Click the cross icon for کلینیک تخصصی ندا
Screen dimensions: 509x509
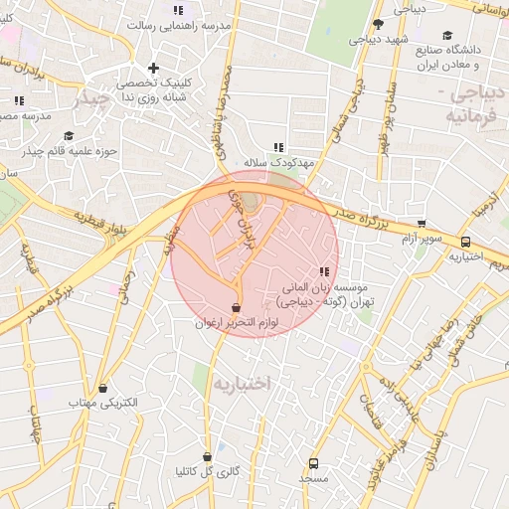point(152,69)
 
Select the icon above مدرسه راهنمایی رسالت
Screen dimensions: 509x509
point(179,10)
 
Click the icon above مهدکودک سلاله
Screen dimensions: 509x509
point(279,146)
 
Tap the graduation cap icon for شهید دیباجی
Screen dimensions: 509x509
point(378,25)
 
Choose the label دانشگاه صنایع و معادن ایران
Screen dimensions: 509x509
point(436,57)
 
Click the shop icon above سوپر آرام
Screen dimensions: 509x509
point(423,224)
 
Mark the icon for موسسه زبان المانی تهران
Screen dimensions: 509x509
point(323,272)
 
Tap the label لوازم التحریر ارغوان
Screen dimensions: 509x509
point(235,323)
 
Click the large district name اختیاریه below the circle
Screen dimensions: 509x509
point(242,381)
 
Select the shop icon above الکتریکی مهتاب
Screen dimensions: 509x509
point(105,388)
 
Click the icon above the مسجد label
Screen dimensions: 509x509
point(314,462)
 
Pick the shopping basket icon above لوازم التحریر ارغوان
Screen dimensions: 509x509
point(236,307)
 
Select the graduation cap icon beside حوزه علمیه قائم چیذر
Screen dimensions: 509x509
point(68,136)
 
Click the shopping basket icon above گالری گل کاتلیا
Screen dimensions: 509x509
point(207,457)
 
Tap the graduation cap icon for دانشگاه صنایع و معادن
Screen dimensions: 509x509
point(447,35)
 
